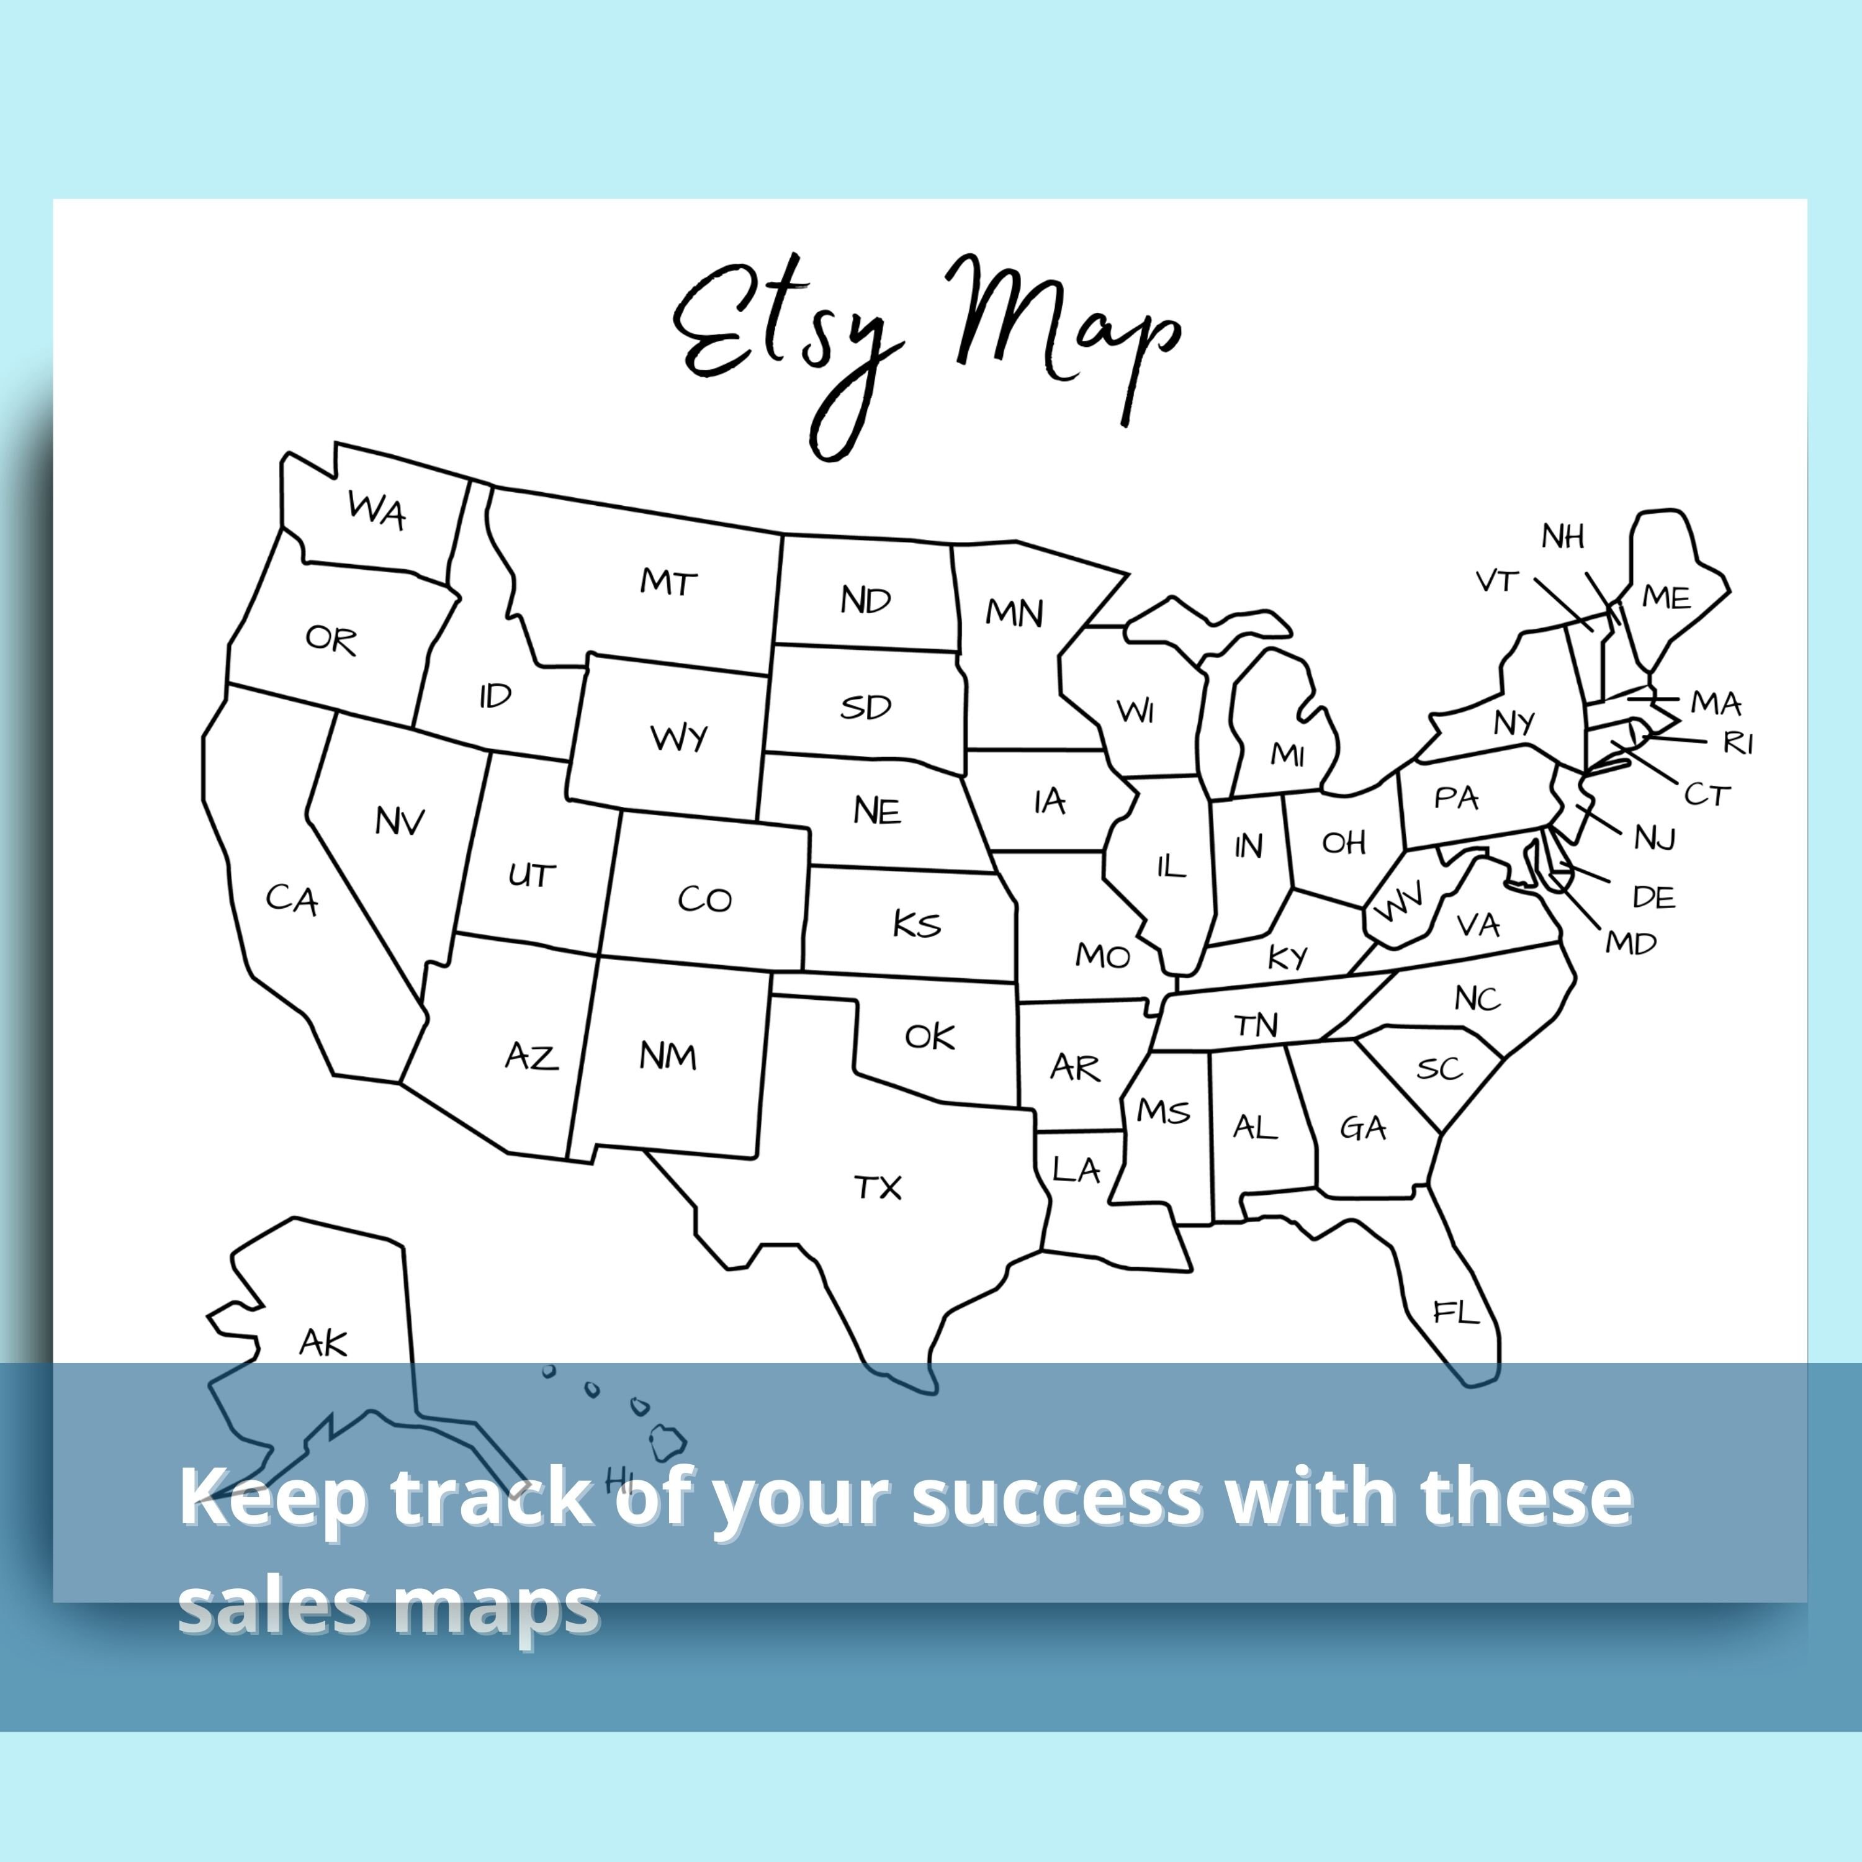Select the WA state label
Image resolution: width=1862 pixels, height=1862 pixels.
[x=377, y=509]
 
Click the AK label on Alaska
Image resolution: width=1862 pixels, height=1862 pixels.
[x=323, y=1343]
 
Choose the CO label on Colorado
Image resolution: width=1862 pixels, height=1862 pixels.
[x=704, y=899]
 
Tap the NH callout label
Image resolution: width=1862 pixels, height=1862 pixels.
[x=1562, y=537]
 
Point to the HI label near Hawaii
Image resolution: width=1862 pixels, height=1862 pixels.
[x=619, y=1477]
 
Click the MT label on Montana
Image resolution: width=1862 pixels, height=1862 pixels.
[x=668, y=582]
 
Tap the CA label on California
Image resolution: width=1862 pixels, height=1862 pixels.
[x=291, y=899]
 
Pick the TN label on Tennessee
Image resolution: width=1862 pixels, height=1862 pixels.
[x=1256, y=1025]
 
